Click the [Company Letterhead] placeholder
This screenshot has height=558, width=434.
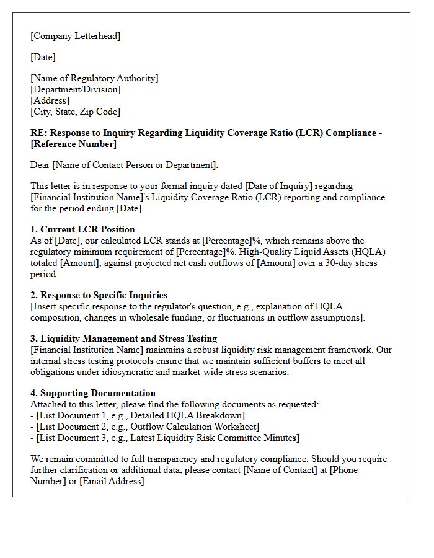point(76,36)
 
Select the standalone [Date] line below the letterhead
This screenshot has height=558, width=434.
point(43,57)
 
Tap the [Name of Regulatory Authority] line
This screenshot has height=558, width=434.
point(94,78)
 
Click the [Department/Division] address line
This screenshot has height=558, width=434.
point(76,89)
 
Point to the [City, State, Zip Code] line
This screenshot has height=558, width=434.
point(75,112)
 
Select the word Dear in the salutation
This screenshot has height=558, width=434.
point(41,165)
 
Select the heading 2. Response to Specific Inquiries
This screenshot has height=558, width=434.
point(99,295)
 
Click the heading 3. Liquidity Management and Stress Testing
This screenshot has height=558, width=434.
point(123,339)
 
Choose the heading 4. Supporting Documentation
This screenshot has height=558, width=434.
point(93,393)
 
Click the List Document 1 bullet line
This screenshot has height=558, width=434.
point(138,415)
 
